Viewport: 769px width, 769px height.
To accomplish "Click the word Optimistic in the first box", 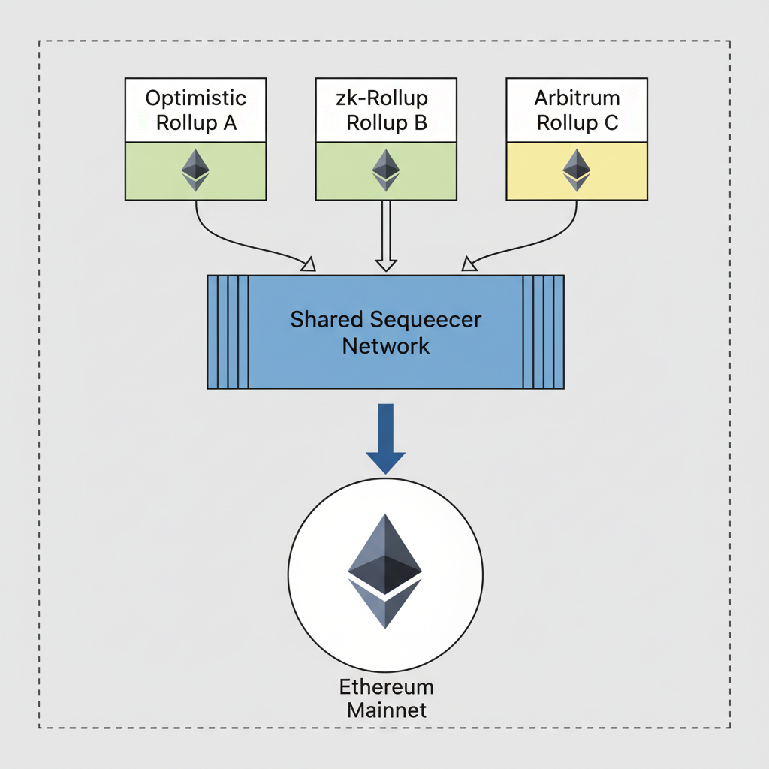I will point(195,98).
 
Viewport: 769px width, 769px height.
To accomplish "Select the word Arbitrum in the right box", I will point(577,98).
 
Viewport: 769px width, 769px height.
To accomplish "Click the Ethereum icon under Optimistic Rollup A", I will point(195,170).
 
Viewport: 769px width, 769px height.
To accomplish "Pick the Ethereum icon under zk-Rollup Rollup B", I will point(386,170).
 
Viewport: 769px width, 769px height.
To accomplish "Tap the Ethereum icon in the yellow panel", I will point(577,170).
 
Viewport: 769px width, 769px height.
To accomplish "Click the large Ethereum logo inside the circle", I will point(385,571).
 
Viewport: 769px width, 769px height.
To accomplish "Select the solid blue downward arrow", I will point(385,439).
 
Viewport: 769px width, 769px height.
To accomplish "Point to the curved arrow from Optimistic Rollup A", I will point(225,239).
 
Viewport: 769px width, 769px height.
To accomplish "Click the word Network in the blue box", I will point(386,346).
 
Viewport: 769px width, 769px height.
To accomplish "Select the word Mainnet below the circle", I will point(386,710).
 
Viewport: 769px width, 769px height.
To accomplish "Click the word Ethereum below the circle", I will point(386,687).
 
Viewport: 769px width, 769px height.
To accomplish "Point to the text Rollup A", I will point(196,123).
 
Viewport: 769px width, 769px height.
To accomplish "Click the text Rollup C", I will point(578,123).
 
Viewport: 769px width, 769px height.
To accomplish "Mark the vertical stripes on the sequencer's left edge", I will point(228,332).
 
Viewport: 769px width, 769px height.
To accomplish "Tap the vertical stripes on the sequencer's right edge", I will point(543,332).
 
